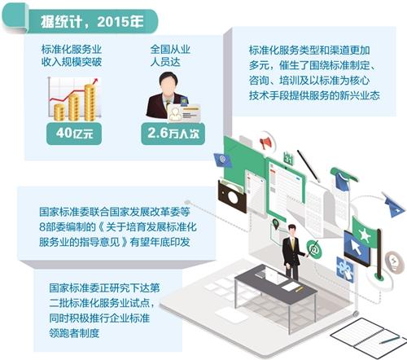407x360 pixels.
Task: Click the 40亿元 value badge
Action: (74, 134)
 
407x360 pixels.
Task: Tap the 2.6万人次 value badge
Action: (173, 134)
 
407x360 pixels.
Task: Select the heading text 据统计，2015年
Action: (92, 22)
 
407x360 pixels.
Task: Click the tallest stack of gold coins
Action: (90, 103)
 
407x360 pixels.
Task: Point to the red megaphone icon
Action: (265, 143)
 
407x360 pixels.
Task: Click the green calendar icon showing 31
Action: (288, 158)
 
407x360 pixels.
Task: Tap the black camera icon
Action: (232, 196)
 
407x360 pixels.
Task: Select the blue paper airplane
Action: (394, 205)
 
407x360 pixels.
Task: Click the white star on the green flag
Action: (364, 234)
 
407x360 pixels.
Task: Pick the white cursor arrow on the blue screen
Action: (356, 247)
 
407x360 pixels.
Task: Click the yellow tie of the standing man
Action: (293, 244)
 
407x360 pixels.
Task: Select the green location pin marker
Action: (276, 224)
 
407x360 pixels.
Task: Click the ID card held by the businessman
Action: (183, 113)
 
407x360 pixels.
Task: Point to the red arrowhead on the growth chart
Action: (95, 81)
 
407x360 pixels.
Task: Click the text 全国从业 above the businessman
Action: (170, 50)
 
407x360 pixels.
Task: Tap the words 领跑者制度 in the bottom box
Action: (74, 333)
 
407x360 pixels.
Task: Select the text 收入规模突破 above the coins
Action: (72, 62)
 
